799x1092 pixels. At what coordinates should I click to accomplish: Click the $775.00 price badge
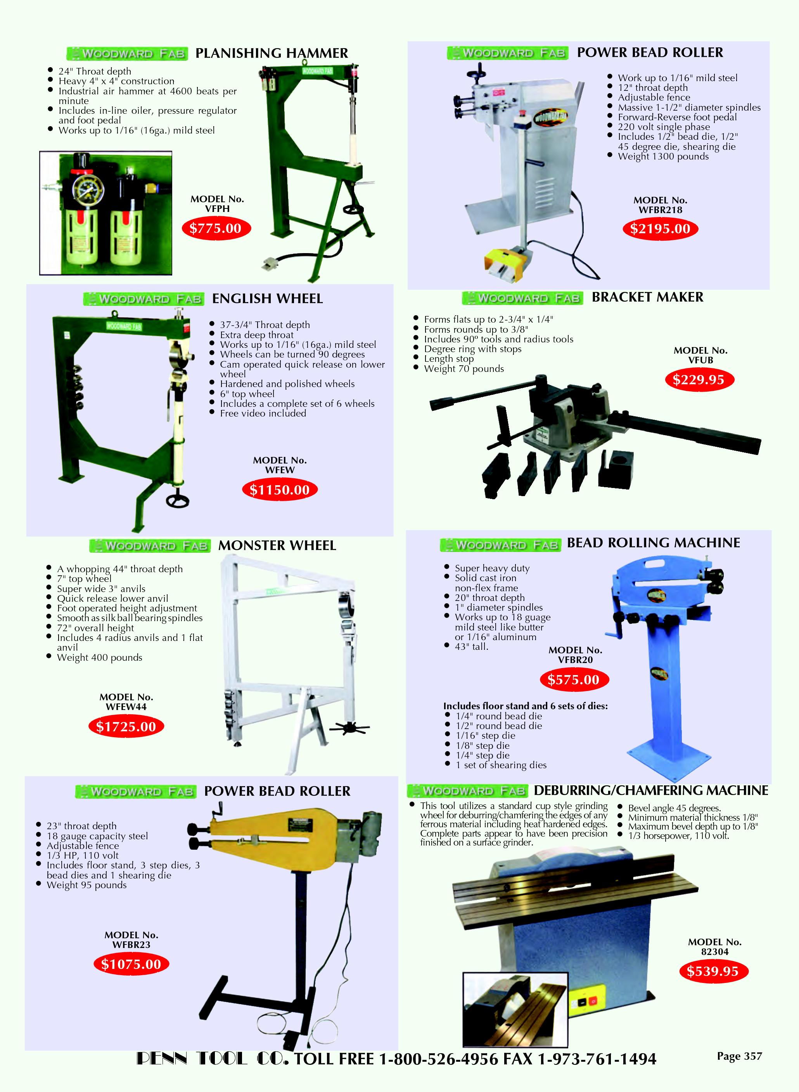[215, 229]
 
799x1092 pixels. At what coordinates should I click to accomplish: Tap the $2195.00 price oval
[660, 229]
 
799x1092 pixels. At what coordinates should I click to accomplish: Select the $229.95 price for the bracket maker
[699, 380]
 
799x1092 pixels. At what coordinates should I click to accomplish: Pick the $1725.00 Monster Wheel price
[126, 727]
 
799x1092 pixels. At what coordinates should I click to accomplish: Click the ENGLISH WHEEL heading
[268, 299]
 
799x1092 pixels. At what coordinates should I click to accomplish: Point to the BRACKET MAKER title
[648, 297]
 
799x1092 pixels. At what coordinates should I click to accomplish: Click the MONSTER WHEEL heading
[277, 545]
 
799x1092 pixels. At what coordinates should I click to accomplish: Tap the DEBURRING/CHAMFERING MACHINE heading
[651, 790]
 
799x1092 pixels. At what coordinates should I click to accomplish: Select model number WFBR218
[660, 210]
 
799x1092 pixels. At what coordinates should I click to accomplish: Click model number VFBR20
[575, 660]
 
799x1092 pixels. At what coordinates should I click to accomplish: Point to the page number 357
[740, 1056]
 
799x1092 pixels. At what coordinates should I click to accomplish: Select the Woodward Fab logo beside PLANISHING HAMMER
[127, 53]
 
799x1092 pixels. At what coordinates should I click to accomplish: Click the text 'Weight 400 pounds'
[100, 657]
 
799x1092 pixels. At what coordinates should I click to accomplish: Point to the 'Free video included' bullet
[263, 413]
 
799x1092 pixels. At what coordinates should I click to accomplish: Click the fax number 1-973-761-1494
[597, 1059]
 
